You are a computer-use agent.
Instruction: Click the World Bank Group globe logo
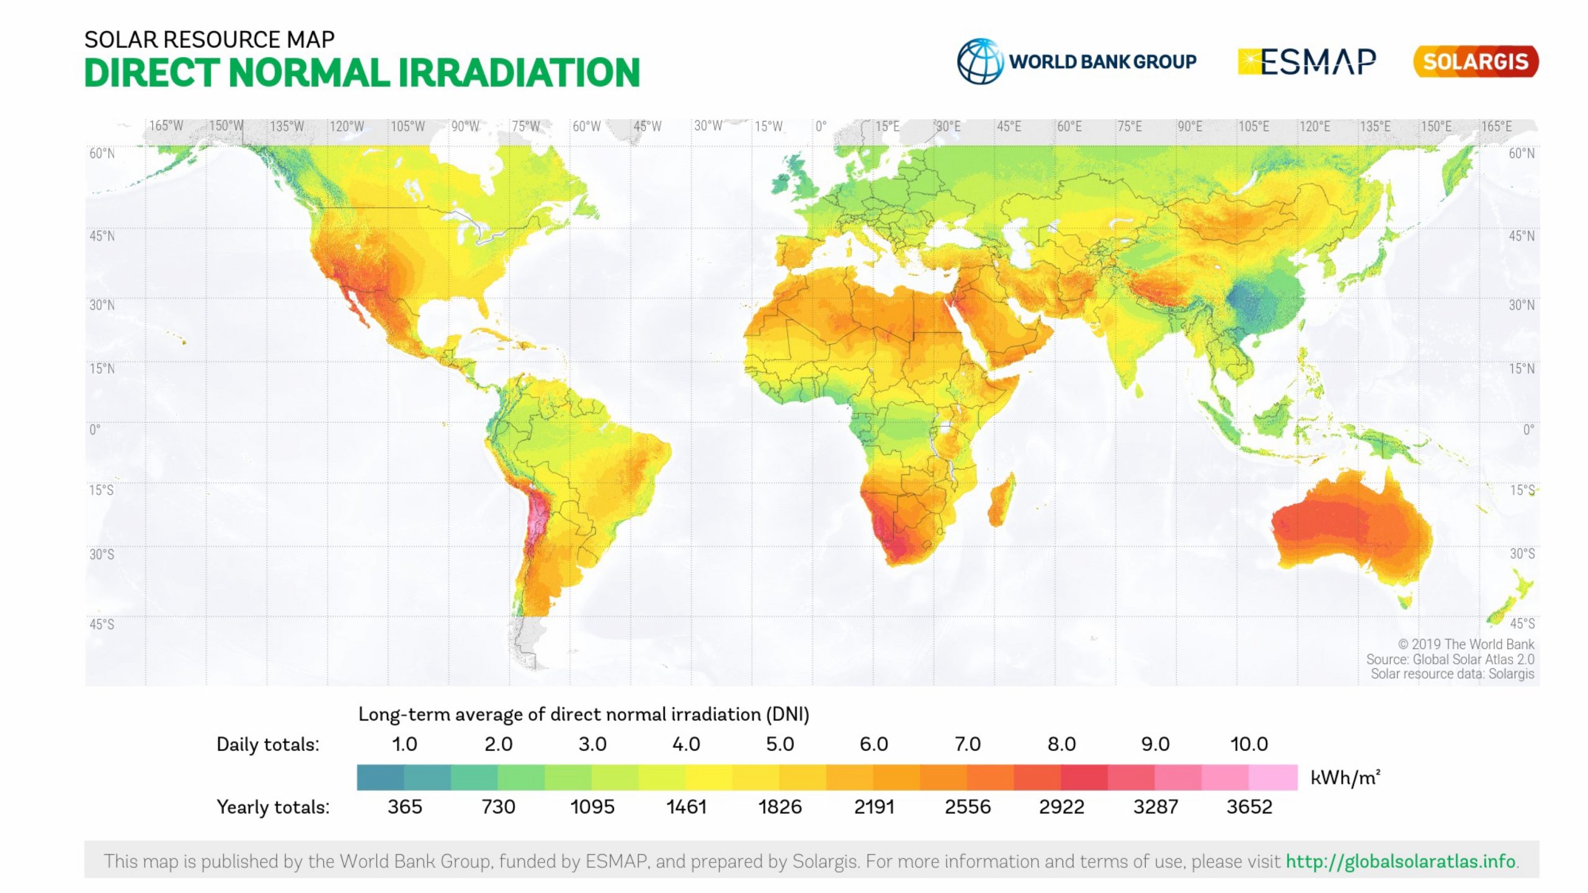point(979,61)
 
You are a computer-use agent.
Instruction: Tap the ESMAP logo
point(1307,62)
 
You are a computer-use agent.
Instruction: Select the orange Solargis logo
point(1475,61)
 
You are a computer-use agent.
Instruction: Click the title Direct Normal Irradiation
point(362,73)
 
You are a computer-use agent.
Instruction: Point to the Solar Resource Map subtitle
point(209,40)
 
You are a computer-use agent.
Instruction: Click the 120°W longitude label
point(346,127)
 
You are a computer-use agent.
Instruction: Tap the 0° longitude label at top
point(821,127)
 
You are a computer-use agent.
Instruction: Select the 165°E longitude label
point(1496,127)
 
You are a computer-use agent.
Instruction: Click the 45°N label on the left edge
point(102,236)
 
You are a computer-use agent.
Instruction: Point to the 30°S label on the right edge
point(1522,554)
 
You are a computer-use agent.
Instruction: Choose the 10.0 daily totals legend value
point(1249,744)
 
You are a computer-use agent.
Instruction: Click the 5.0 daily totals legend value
point(780,744)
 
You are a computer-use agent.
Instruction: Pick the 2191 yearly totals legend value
point(874,807)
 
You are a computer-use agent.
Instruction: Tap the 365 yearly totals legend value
point(404,807)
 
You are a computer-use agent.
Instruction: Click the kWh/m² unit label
point(1345,778)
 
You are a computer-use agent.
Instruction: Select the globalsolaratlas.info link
point(1400,861)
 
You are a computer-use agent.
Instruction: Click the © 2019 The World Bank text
point(1465,644)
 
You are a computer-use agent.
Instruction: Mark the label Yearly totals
point(273,807)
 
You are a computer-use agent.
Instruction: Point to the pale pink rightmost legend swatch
point(1272,778)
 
